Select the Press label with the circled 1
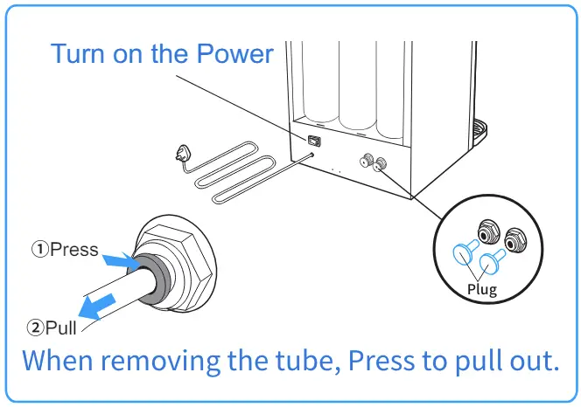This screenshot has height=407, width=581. coord(66,250)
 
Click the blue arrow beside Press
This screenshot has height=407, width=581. coord(116,259)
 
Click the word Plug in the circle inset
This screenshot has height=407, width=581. coord(481,290)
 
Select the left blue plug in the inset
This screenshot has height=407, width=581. coord(462,254)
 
